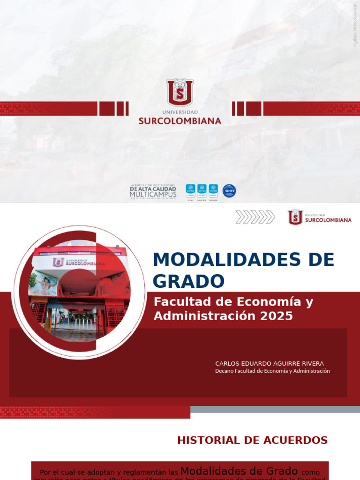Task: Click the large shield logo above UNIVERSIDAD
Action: tap(180, 92)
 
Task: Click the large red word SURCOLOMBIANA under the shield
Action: tap(180, 121)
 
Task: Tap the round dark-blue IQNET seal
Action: tap(229, 191)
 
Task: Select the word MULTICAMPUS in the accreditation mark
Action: tap(153, 194)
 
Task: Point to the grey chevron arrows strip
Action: tap(255, 217)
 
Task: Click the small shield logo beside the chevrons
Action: tap(295, 217)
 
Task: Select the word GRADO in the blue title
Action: tap(188, 281)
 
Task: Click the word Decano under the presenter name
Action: tap(224, 371)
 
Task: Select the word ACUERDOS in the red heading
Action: tap(298, 440)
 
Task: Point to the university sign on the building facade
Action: tap(79, 262)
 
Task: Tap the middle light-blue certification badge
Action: tap(202, 189)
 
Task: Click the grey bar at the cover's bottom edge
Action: tap(275, 409)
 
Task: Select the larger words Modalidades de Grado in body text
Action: tap(239, 471)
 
